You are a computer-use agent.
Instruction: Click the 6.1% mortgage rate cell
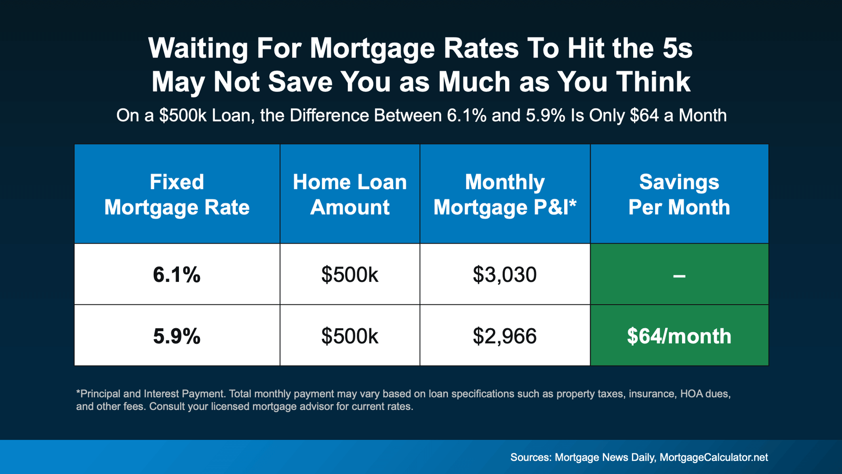click(177, 274)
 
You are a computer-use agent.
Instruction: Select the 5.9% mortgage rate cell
click(177, 336)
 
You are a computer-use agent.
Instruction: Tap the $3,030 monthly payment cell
click(505, 274)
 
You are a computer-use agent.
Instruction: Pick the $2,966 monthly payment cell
click(505, 336)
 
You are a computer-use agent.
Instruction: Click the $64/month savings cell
click(679, 336)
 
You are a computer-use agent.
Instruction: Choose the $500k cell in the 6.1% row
click(350, 274)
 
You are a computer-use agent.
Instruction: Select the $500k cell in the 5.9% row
click(350, 336)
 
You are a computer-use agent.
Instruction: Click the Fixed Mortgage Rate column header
click(177, 194)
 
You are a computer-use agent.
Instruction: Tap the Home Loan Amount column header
click(350, 194)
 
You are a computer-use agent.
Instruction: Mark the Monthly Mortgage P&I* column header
click(505, 194)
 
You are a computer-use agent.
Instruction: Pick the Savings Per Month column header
click(679, 194)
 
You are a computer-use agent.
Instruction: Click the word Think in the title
click(653, 82)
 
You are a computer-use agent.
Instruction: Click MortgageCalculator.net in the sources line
click(714, 457)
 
